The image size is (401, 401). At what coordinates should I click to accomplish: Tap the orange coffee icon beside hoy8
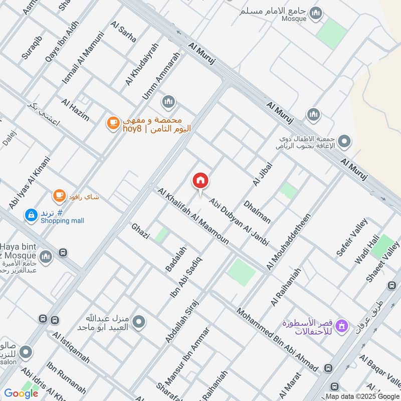click(113, 122)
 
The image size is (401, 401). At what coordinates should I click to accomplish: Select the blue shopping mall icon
click(31, 215)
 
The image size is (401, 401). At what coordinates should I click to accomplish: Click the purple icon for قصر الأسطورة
click(342, 326)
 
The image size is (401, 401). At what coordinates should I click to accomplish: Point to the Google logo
click(21, 393)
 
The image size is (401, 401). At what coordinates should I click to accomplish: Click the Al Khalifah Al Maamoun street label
click(193, 217)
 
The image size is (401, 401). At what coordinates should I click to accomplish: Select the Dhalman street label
click(257, 212)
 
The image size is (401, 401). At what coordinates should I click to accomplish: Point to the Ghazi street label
click(140, 231)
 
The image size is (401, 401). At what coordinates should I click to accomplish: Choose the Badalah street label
click(175, 259)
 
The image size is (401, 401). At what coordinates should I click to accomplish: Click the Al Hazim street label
click(75, 110)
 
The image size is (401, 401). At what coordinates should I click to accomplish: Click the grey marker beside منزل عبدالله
click(139, 322)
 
